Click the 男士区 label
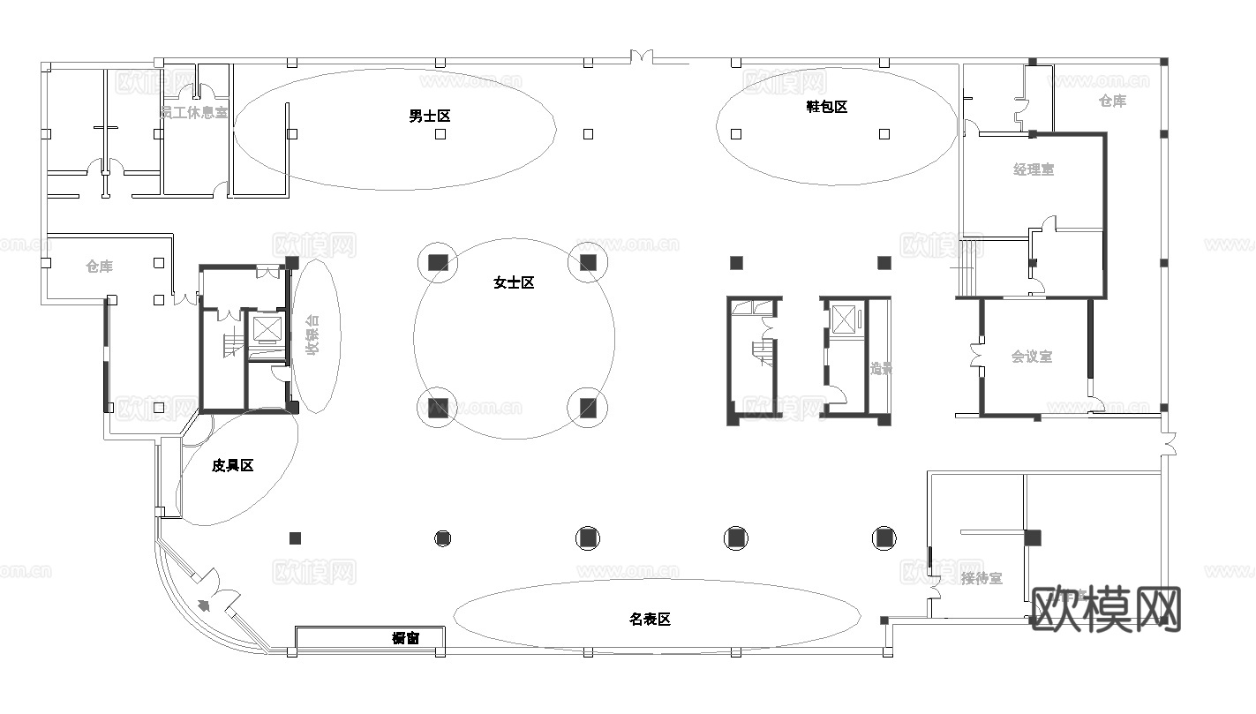430,116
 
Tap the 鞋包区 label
826,107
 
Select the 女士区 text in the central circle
514,283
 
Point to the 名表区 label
650,620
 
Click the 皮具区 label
232,465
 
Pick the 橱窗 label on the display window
405,638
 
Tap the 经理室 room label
1033,169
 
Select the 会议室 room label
1031,357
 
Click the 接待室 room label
981,579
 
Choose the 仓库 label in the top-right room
1112,101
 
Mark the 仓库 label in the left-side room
99,267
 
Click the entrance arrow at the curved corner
205,605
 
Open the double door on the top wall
642,57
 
